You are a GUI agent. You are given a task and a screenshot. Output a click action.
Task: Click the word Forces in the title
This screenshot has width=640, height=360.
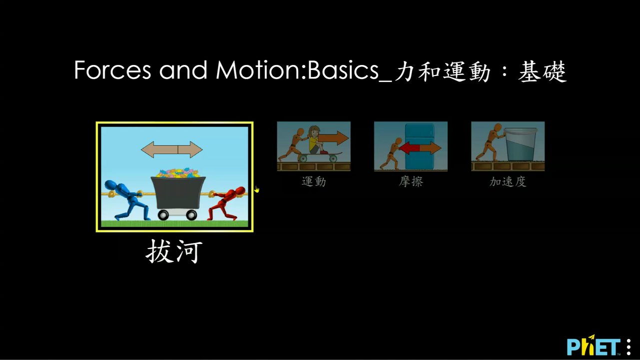pyautogui.click(x=112, y=70)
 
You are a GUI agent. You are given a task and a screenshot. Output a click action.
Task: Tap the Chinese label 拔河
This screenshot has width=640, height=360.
pyautogui.click(x=174, y=251)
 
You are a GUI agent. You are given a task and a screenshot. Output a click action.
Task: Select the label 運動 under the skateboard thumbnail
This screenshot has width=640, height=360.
pyautogui.click(x=314, y=181)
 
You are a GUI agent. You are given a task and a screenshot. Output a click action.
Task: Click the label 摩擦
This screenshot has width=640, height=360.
pyautogui.click(x=411, y=181)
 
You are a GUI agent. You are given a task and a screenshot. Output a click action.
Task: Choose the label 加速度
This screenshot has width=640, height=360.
pyautogui.click(x=508, y=181)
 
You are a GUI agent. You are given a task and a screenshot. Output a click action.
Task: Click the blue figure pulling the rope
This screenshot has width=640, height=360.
pyautogui.click(x=127, y=200)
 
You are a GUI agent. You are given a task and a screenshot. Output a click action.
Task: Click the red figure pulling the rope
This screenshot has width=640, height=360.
pyautogui.click(x=226, y=203)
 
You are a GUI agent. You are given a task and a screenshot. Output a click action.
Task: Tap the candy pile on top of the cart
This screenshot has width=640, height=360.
pyautogui.click(x=178, y=172)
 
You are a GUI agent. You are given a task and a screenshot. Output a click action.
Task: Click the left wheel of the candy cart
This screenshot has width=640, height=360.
pyautogui.click(x=163, y=215)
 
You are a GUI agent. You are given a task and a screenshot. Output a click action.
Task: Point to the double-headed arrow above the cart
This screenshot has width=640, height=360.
pyautogui.click(x=172, y=149)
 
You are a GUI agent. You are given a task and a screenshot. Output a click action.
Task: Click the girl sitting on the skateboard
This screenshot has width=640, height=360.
pyautogui.click(x=316, y=140)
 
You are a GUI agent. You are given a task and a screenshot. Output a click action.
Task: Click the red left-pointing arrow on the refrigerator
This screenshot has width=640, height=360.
pyautogui.click(x=409, y=148)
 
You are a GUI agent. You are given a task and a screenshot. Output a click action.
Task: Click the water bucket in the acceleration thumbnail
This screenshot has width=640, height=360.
pyautogui.click(x=521, y=144)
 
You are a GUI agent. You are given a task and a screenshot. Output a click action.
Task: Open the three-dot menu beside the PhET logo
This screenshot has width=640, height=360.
pyautogui.click(x=629, y=347)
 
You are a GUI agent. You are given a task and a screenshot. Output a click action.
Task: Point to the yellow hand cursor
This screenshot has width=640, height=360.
pyautogui.click(x=257, y=189)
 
